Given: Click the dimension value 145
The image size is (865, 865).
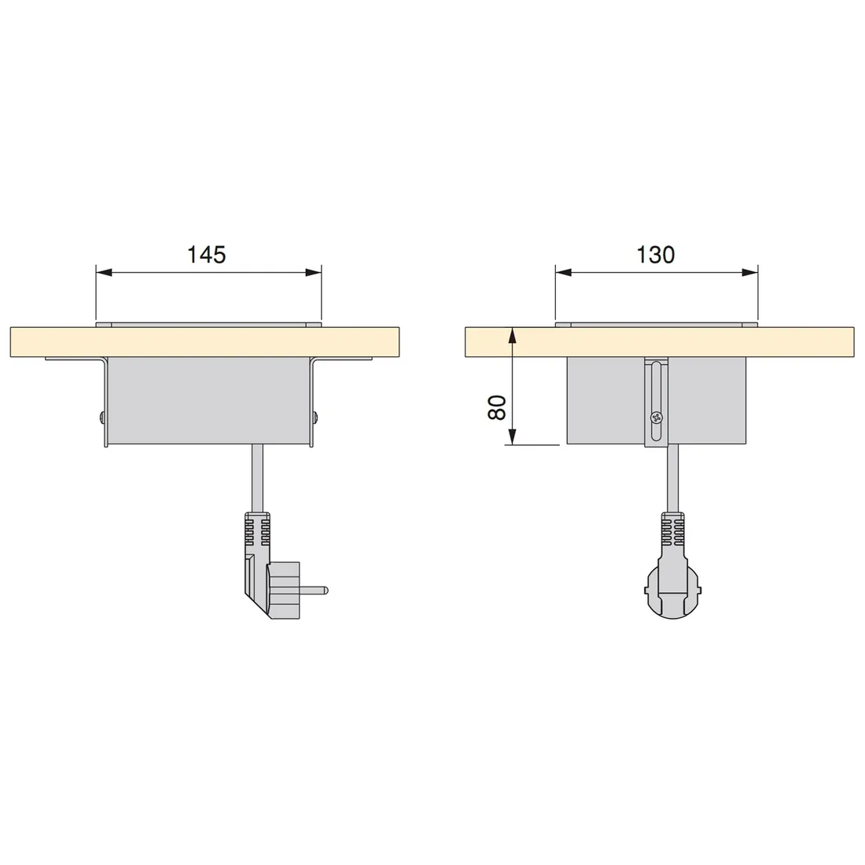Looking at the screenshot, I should (x=206, y=255).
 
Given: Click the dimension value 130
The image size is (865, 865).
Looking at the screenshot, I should (x=656, y=255).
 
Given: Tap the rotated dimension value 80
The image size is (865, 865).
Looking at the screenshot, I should (x=497, y=407).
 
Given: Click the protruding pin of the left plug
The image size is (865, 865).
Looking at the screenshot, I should (x=318, y=588).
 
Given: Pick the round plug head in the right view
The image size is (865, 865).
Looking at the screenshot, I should (x=672, y=586).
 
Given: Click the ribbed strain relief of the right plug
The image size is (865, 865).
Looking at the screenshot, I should (x=672, y=530).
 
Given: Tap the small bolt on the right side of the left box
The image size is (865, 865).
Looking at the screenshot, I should (x=316, y=417).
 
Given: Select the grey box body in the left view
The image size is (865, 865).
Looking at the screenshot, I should (x=208, y=400).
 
